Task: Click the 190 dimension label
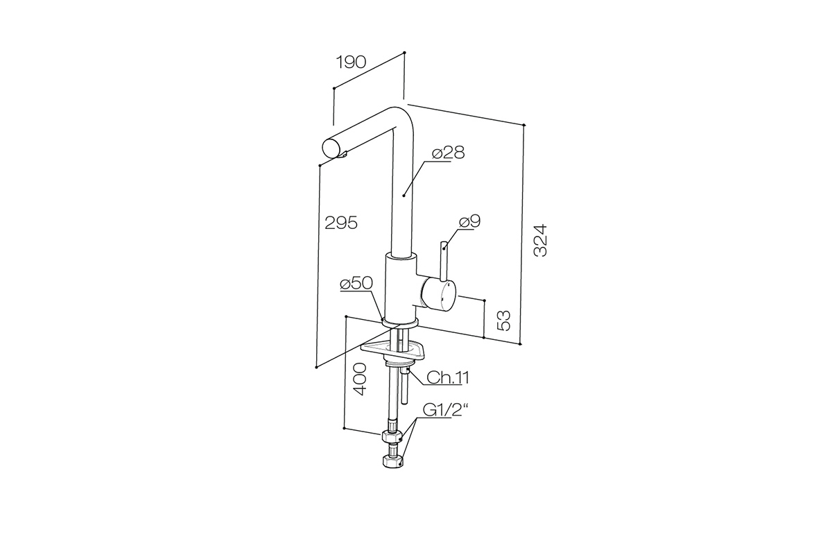351,62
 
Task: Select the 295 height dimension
341,223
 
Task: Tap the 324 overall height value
540,240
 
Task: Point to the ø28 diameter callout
449,153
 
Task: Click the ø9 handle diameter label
470,221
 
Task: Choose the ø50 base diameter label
356,283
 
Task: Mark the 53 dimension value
504,321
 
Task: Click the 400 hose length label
360,379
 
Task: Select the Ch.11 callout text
448,378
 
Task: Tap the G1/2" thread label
445,410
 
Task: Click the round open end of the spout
71,148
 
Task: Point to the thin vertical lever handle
444,262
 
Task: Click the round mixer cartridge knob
438,294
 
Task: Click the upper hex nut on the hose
392,436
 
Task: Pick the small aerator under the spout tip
83,155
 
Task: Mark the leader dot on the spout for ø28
404,195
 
